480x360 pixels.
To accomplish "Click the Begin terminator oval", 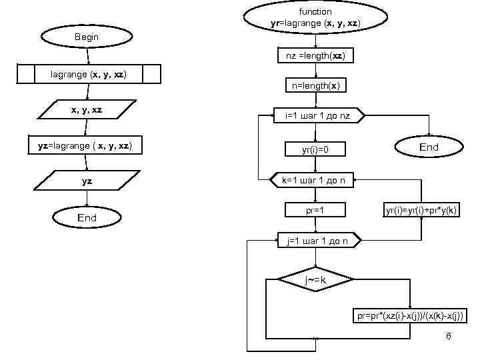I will pyautogui.click(x=87, y=37).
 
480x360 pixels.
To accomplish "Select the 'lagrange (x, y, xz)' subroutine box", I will pyautogui.click(x=89, y=74).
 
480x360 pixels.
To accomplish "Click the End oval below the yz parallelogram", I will pyautogui.click(x=87, y=217).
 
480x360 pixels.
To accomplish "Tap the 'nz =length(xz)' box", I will pyautogui.click(x=315, y=56).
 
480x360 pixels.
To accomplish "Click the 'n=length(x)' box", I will pyautogui.click(x=315, y=86).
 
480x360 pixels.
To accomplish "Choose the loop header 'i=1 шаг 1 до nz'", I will pyautogui.click(x=317, y=116).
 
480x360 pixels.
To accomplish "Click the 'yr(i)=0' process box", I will pyautogui.click(x=315, y=150).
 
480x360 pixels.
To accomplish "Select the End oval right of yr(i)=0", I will pyautogui.click(x=429, y=147).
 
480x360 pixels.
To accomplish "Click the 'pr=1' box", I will pyautogui.click(x=315, y=211).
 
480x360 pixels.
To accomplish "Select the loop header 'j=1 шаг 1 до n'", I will pyautogui.click(x=318, y=240).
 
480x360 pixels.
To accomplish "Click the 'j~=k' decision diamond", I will pyautogui.click(x=315, y=280).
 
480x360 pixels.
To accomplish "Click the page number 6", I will pyautogui.click(x=448, y=336).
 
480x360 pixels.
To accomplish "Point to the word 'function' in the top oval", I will pyautogui.click(x=315, y=11).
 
